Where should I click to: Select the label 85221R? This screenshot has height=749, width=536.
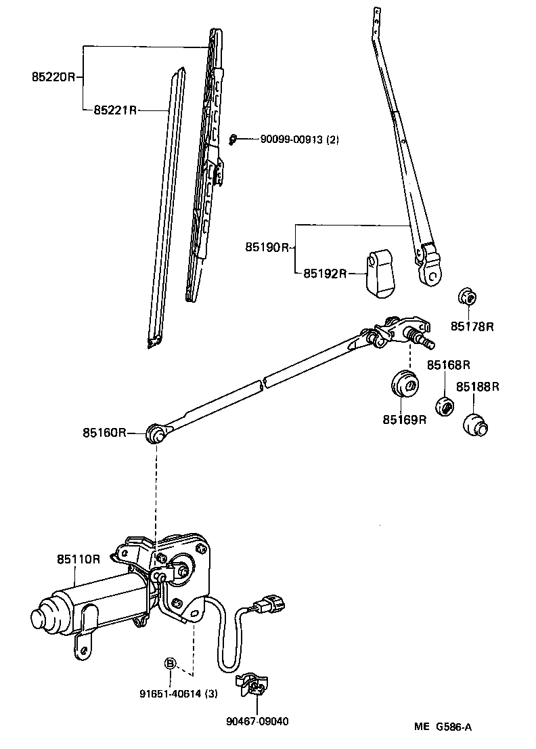[116, 110]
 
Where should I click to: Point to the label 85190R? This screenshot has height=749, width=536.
[267, 248]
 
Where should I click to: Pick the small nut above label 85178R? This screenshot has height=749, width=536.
[466, 297]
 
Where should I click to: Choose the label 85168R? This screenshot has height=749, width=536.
[448, 366]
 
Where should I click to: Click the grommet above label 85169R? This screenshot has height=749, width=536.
[405, 383]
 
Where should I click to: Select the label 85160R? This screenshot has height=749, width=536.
[105, 432]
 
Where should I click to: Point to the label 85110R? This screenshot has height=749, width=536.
[79, 559]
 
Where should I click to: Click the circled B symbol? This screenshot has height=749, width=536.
[171, 662]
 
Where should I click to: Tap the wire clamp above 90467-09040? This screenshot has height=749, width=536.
[252, 686]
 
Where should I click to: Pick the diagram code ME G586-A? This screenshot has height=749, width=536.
[443, 727]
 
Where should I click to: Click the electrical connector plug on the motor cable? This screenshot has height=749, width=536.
[269, 603]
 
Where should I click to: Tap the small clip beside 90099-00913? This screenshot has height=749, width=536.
[233, 140]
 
